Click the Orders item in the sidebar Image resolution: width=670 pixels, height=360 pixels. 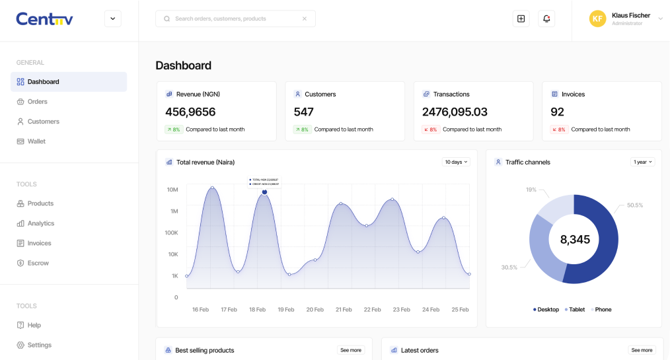point(37,102)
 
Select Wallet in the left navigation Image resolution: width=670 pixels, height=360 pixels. point(36,141)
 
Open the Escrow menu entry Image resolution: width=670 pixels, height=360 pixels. point(38,263)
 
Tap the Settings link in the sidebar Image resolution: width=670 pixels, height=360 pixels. point(39,345)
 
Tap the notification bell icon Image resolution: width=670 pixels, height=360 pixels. point(546,18)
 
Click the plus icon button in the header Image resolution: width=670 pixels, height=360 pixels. point(521,18)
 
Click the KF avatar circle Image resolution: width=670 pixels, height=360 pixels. point(597,18)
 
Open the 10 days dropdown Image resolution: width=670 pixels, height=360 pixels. point(456,162)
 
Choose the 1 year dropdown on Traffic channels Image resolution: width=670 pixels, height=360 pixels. point(642,162)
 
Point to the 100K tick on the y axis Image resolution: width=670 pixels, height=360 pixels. point(171,233)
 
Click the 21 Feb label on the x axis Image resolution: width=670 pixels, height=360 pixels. point(344,309)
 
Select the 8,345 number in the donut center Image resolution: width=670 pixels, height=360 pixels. point(575,240)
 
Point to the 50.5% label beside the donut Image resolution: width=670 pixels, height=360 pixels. point(634,205)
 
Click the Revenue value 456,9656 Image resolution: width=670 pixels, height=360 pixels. point(190,112)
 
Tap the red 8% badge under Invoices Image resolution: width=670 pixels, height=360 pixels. point(558,129)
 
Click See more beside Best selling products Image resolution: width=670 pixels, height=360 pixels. point(351,350)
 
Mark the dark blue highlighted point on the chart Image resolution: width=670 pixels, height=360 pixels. point(264,192)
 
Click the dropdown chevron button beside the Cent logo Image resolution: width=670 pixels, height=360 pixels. point(112,18)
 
